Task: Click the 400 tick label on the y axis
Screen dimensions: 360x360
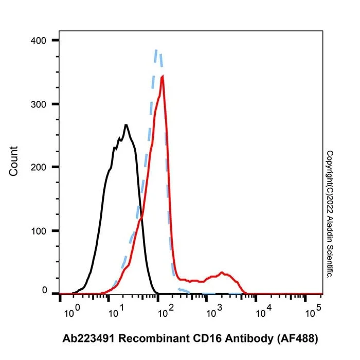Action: [39, 41]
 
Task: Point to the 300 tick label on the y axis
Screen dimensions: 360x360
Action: [39, 104]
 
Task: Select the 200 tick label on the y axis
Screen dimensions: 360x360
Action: [39, 167]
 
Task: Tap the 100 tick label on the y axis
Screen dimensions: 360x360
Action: [39, 231]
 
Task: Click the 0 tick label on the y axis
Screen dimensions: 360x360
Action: [45, 290]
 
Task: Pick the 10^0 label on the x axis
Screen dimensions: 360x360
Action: [72, 311]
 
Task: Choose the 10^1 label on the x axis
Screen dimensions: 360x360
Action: [116, 311]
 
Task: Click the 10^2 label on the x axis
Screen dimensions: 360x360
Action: [166, 311]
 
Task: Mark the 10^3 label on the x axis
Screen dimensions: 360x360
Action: [214, 311]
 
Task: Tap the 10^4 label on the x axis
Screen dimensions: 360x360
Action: [264, 311]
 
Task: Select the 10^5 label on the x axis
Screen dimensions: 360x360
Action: [313, 311]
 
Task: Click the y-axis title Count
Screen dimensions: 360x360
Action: [13, 161]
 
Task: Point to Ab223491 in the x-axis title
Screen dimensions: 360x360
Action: [88, 338]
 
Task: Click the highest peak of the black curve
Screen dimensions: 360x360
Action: [126, 125]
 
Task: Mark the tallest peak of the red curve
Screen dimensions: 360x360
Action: [163, 76]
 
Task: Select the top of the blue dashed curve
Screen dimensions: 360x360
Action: [156, 50]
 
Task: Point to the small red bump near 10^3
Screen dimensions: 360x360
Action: [222, 273]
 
